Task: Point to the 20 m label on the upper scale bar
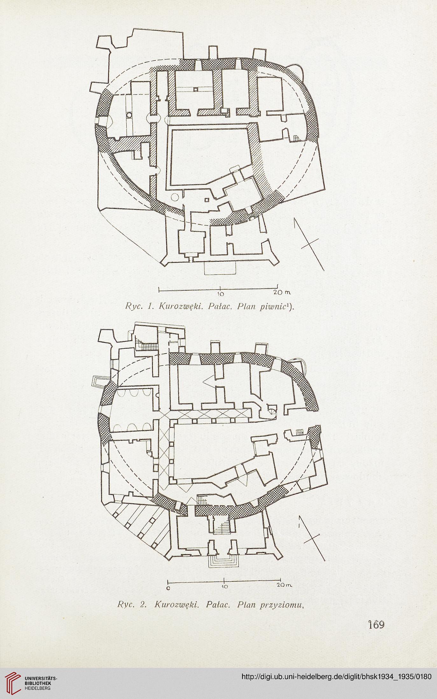point(282,292)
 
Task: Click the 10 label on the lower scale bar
point(225,587)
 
